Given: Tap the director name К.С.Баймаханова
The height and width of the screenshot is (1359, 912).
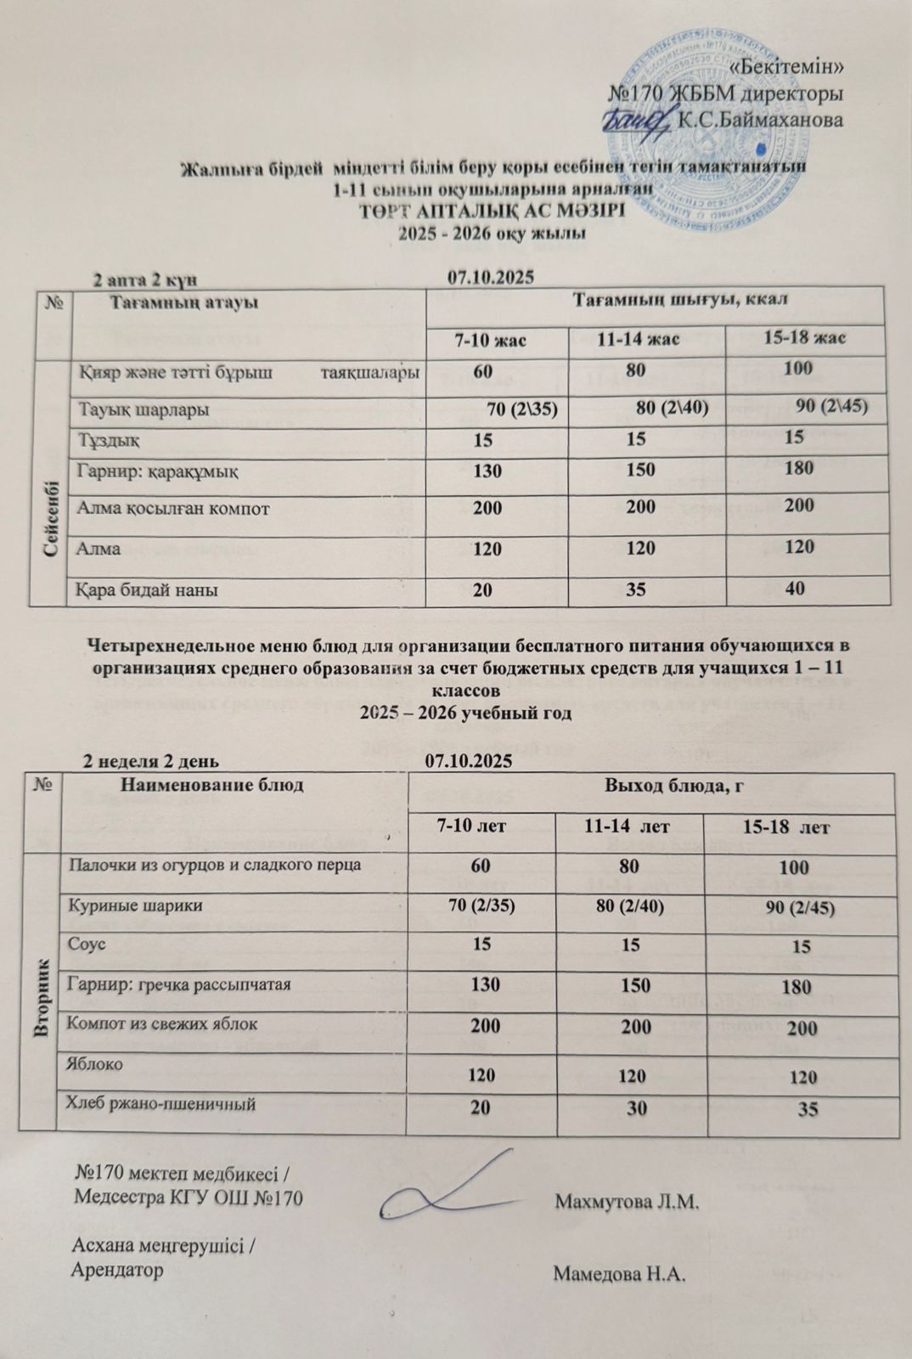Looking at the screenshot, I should tap(759, 121).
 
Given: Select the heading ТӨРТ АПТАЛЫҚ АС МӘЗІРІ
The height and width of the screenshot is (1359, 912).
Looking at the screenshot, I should tap(493, 211).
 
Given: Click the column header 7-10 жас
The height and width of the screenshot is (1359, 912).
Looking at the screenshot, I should tap(491, 341).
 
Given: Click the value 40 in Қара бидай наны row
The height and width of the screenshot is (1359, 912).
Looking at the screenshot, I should tap(795, 587).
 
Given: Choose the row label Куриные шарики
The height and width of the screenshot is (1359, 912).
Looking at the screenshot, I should tap(122, 905).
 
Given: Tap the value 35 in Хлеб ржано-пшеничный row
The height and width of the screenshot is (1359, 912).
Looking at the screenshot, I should tap(808, 1108).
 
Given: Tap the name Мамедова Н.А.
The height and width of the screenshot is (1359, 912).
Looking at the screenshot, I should tap(619, 1275).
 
